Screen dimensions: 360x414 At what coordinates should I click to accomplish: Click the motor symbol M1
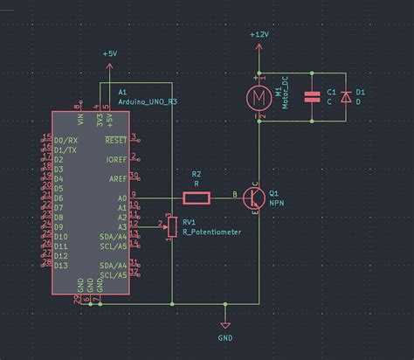pyautogui.click(x=259, y=93)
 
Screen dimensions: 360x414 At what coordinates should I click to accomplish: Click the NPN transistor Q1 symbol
pyautogui.click(x=254, y=197)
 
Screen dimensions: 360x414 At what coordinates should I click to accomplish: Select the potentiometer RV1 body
pyautogui.click(x=172, y=226)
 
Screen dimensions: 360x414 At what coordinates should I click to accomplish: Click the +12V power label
pyautogui.click(x=259, y=34)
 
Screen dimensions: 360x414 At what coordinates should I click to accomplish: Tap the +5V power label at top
pyautogui.click(x=109, y=53)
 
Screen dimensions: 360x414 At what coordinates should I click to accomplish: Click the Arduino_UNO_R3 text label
pyautogui.click(x=148, y=101)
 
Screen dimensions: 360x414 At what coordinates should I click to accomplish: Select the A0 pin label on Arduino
pyautogui.click(x=122, y=198)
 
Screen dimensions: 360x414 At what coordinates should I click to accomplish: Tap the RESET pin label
pyautogui.click(x=115, y=140)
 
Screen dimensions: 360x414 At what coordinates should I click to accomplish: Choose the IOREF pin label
pyautogui.click(x=116, y=160)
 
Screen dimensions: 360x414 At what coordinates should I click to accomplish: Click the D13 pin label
pyautogui.click(x=61, y=265)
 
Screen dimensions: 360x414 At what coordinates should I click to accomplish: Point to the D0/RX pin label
pyautogui.click(x=65, y=140)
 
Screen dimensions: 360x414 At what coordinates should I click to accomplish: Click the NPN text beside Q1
pyautogui.click(x=277, y=202)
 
